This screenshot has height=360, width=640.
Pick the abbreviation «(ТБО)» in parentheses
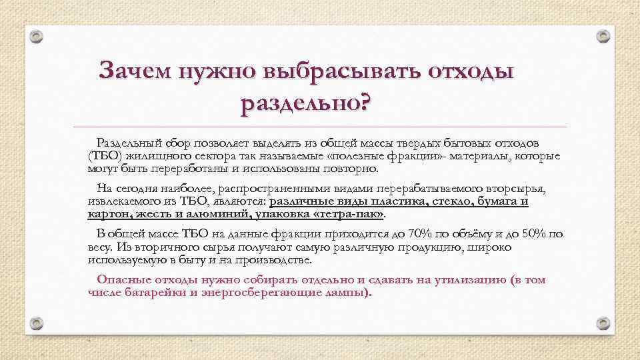coord(104,156)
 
